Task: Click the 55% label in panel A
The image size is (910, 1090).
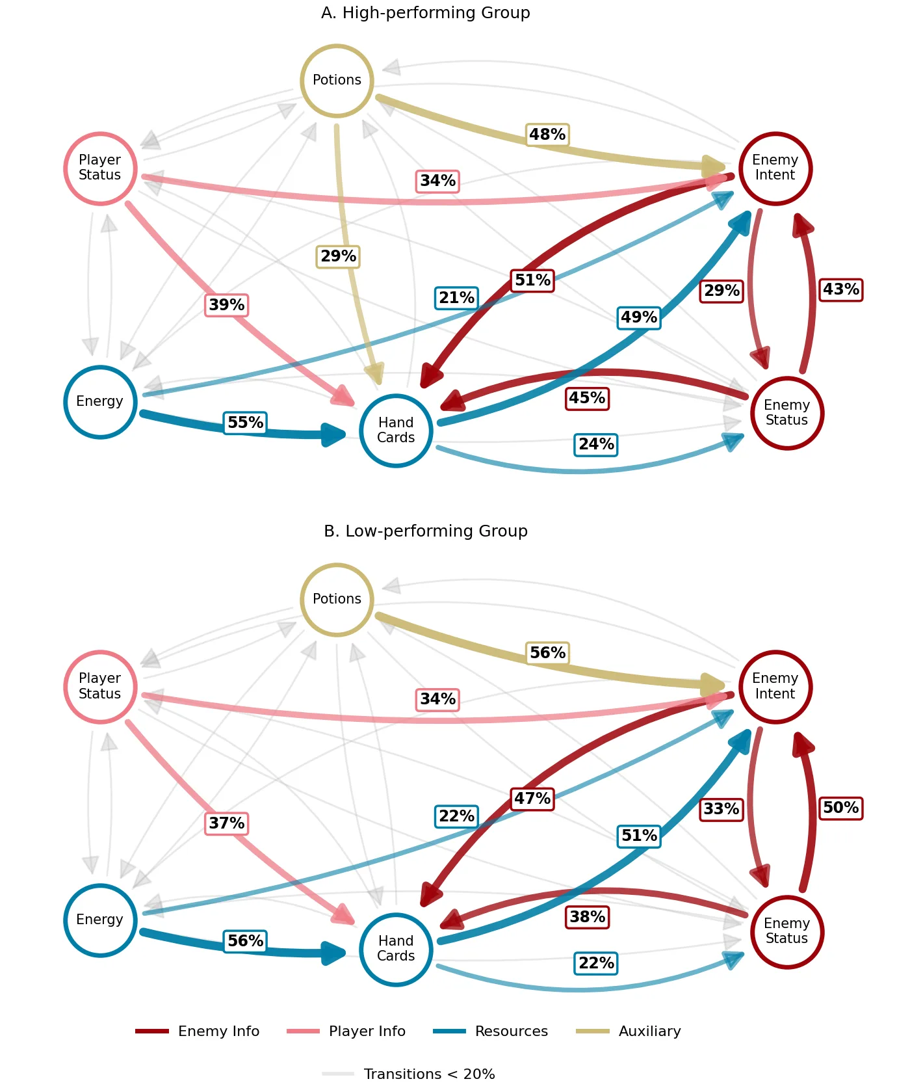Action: (x=246, y=423)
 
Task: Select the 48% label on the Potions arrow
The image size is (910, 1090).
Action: (x=547, y=135)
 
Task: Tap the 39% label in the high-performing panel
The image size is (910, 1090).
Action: (x=227, y=305)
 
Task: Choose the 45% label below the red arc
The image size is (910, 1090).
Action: (x=588, y=398)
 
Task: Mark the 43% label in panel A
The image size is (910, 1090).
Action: (x=841, y=289)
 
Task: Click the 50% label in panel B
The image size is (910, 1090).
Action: (x=841, y=808)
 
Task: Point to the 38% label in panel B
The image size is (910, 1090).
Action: (x=588, y=917)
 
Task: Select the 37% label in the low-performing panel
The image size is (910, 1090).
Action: (x=227, y=823)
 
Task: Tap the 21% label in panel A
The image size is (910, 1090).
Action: (x=456, y=298)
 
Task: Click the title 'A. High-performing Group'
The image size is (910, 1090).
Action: (x=426, y=13)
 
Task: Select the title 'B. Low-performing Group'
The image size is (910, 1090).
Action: (x=426, y=531)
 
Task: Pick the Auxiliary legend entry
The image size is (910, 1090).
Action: (x=629, y=1031)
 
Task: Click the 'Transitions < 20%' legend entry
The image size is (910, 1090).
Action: (x=408, y=1074)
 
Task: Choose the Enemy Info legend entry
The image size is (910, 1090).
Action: (x=198, y=1031)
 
